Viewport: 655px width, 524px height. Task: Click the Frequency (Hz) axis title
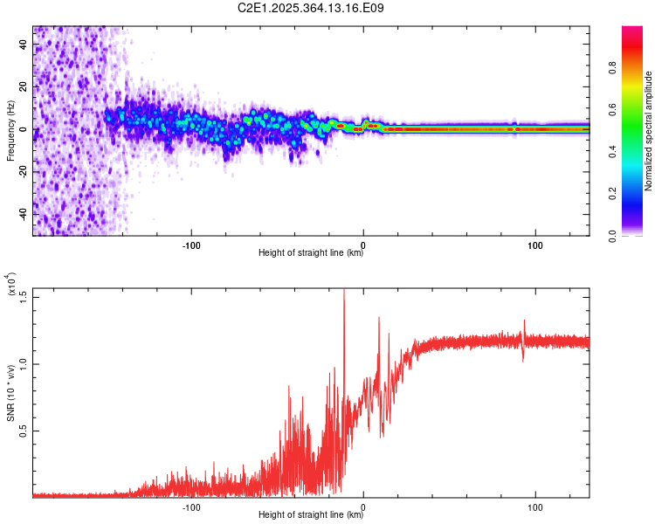(10, 130)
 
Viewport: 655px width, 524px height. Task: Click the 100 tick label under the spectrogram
(535, 244)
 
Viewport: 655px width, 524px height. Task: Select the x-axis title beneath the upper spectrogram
(311, 253)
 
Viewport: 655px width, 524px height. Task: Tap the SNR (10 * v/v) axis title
(10, 393)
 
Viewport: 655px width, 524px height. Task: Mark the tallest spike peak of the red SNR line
(344, 291)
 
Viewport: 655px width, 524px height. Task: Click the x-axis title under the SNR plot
(311, 515)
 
